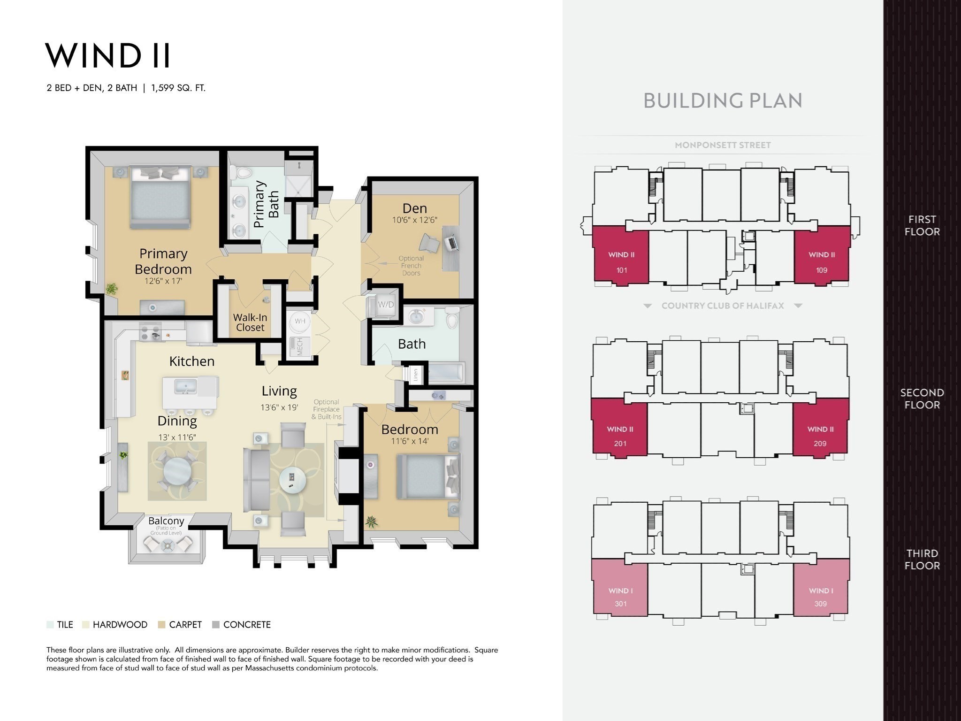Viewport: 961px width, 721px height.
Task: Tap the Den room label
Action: tap(414, 208)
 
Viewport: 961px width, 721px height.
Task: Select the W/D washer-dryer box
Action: tap(386, 305)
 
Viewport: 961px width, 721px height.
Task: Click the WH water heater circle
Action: tap(300, 321)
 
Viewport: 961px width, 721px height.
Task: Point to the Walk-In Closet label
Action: tap(250, 322)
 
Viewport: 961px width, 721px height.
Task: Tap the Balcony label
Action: tap(166, 521)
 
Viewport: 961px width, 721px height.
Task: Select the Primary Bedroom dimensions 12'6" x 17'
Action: tap(163, 281)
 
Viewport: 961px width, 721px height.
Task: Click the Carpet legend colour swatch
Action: tap(162, 625)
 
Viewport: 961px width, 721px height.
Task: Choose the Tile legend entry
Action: tap(60, 625)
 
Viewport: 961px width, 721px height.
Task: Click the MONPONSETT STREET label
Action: tap(723, 145)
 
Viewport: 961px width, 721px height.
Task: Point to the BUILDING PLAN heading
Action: tap(723, 100)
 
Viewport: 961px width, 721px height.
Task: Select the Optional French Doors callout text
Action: tap(411, 266)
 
